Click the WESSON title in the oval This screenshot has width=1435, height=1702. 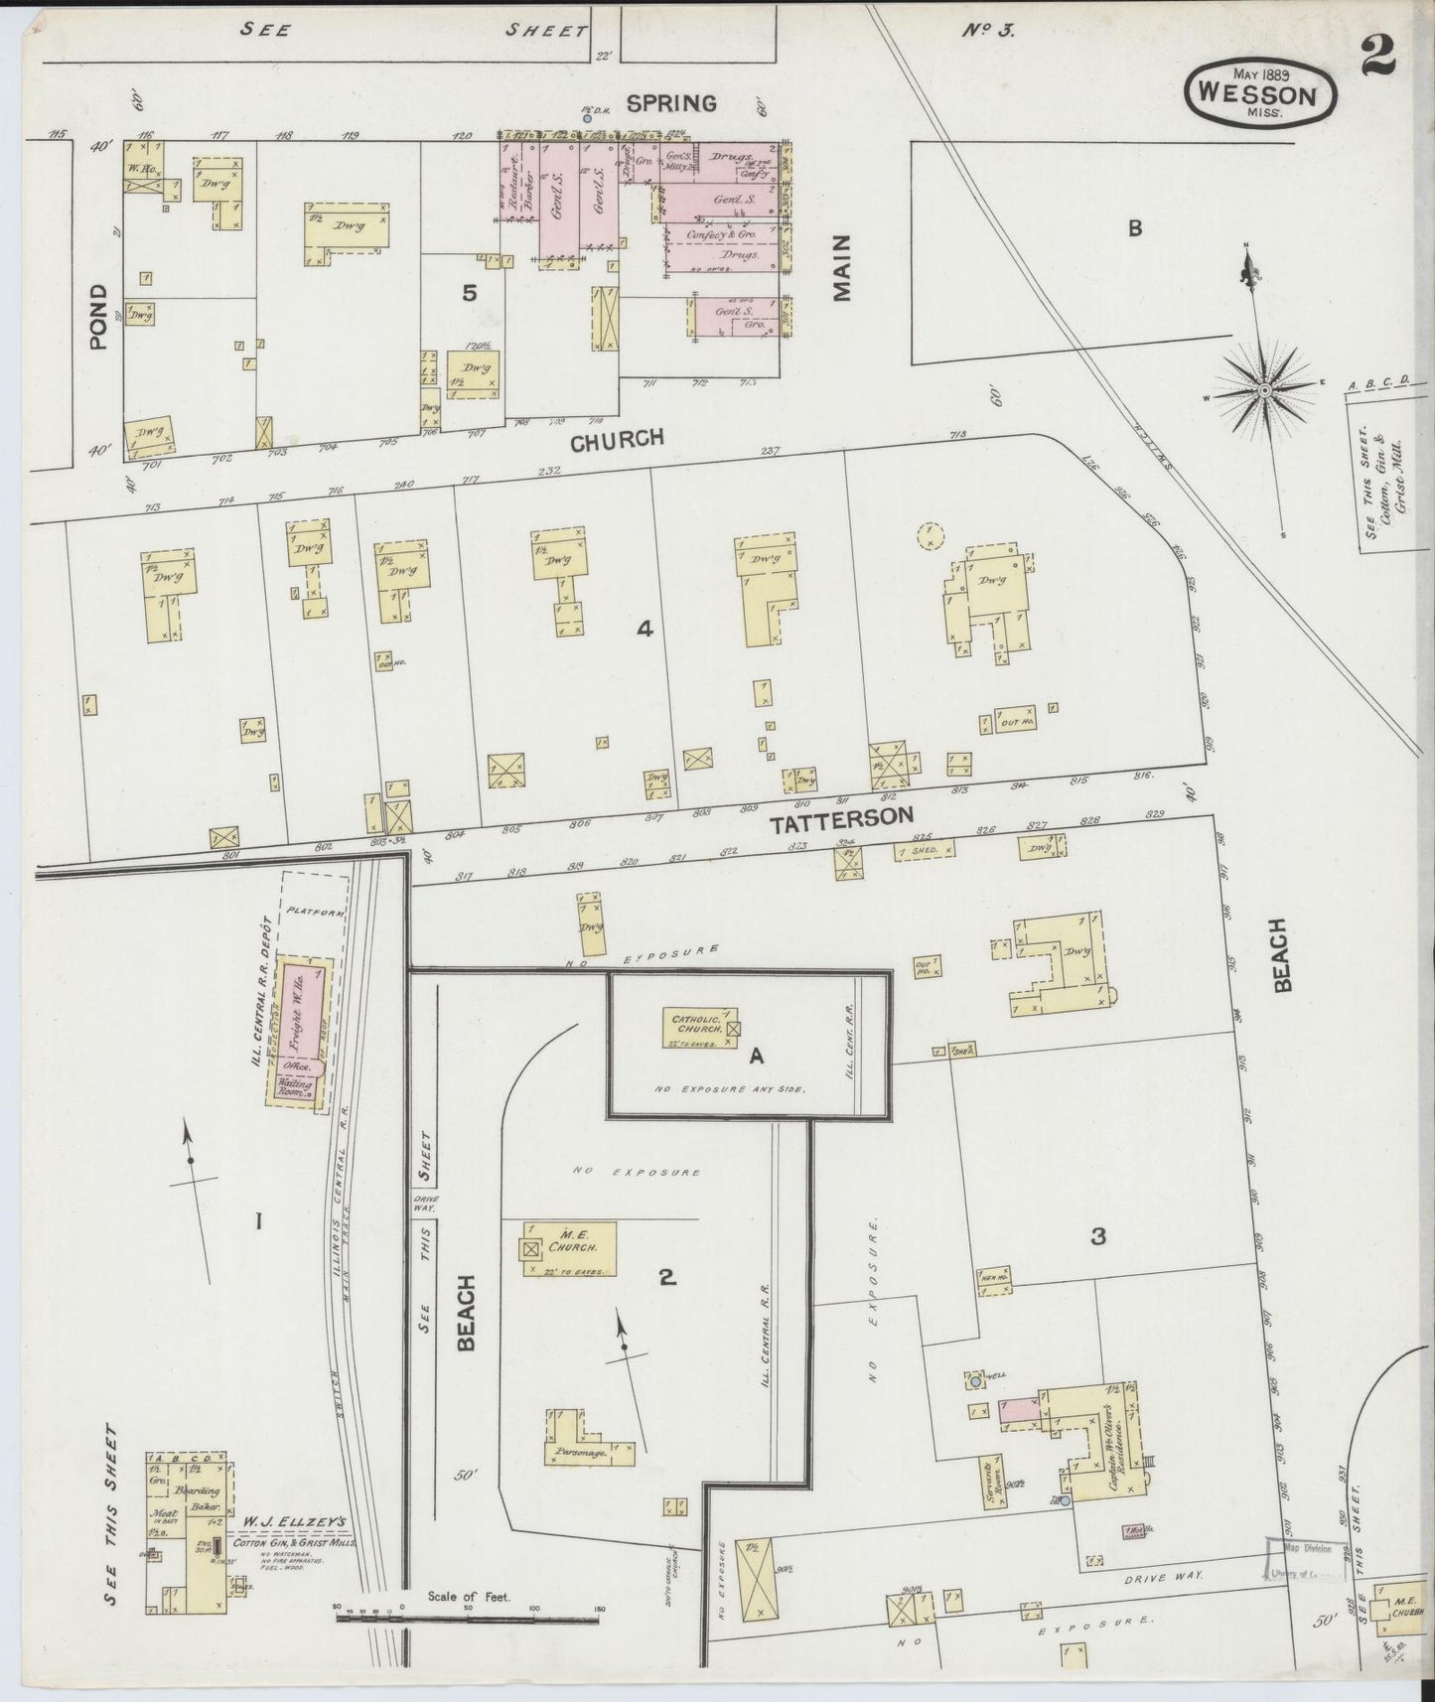(x=1258, y=94)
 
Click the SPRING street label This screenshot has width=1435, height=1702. (x=671, y=102)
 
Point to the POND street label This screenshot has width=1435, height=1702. (x=98, y=317)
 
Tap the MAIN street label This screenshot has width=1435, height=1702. (x=843, y=267)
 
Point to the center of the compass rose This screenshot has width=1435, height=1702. (x=1263, y=391)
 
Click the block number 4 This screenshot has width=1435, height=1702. (x=645, y=628)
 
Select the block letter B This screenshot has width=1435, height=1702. (x=1134, y=227)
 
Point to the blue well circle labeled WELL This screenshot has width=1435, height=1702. (x=976, y=1380)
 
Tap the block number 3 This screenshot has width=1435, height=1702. (x=1097, y=1236)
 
